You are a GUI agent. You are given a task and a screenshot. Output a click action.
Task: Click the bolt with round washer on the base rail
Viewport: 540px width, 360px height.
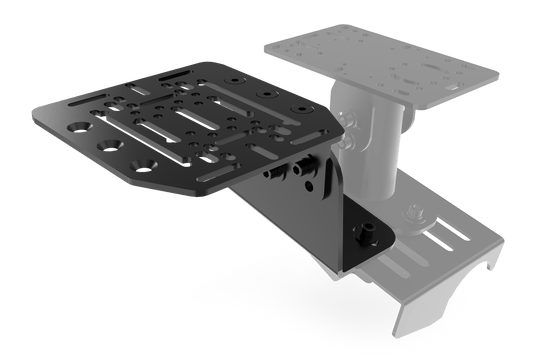(x=412, y=212)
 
